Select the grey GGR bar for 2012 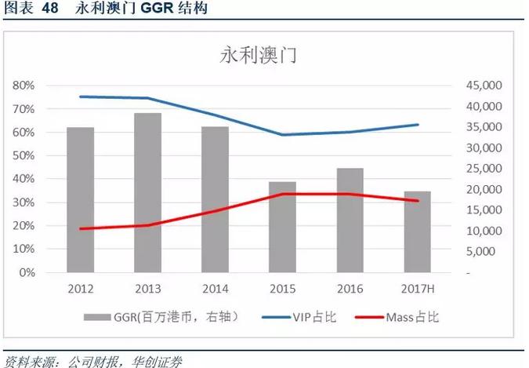80,200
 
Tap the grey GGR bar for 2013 147,193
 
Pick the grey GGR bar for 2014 215,200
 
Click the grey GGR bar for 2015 282,228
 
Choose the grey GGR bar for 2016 350,220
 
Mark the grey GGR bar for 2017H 418,232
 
